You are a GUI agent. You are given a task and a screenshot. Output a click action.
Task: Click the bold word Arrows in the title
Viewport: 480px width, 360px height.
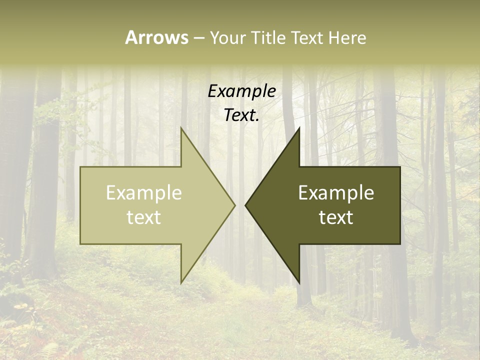pyautogui.click(x=156, y=37)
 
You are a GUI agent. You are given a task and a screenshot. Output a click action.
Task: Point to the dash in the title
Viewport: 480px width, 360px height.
pyautogui.click(x=198, y=38)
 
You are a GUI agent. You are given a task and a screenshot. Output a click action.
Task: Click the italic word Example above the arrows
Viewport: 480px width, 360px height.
pyautogui.click(x=241, y=91)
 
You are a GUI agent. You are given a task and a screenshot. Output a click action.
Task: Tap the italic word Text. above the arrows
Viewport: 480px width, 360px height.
pyautogui.click(x=241, y=115)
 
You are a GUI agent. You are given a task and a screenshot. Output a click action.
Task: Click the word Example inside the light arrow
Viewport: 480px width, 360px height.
pyautogui.click(x=144, y=193)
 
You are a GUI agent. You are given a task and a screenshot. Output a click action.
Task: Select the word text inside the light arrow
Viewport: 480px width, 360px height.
pyautogui.click(x=144, y=217)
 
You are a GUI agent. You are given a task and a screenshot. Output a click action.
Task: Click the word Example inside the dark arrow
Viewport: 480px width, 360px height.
pyautogui.click(x=336, y=193)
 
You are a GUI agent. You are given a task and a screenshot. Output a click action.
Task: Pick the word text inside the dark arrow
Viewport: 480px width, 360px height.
pyautogui.click(x=336, y=217)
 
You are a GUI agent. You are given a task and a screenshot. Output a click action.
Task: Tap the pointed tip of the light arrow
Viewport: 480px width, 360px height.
pyautogui.click(x=234, y=205)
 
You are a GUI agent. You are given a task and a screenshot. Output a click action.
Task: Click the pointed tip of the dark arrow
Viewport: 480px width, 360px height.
pyautogui.click(x=245, y=205)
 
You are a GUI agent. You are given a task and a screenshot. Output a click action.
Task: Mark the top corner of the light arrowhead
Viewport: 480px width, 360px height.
pyautogui.click(x=181, y=128)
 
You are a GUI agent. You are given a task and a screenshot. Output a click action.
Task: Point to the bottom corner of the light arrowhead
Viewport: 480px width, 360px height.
pyautogui.click(x=181, y=282)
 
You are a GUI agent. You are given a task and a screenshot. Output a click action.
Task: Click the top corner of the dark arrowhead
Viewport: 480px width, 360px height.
pyautogui.click(x=299, y=128)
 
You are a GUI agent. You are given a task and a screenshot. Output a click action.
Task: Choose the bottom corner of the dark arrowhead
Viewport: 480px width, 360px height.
pyautogui.click(x=299, y=282)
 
